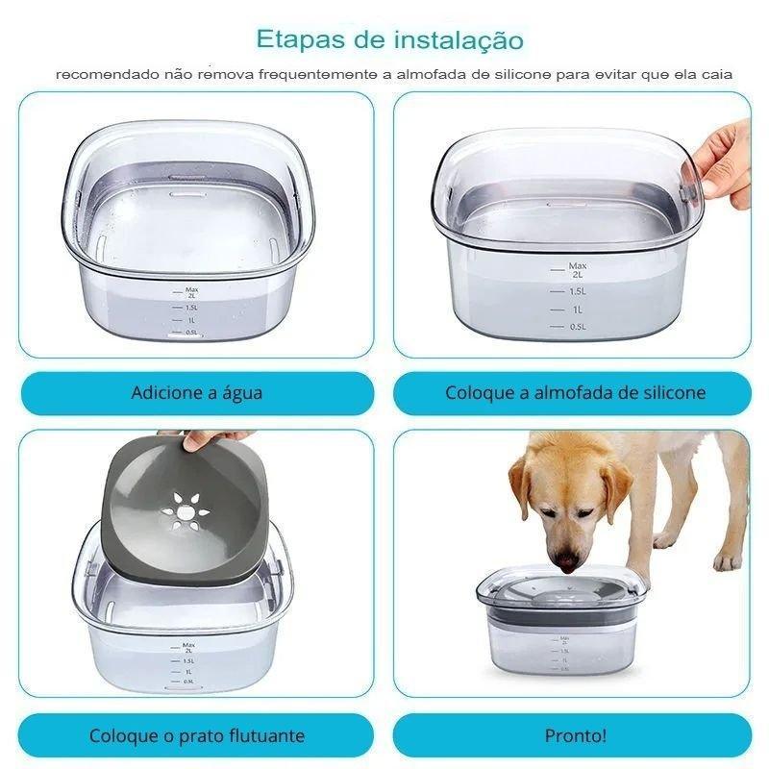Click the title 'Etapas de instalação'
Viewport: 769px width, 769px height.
click(x=390, y=39)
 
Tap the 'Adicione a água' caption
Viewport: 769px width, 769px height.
click(x=197, y=393)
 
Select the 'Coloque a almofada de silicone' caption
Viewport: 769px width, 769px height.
click(x=575, y=393)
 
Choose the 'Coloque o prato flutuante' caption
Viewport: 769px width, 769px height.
click(x=197, y=735)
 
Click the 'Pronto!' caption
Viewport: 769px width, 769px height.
click(x=575, y=735)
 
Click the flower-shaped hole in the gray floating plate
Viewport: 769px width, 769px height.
click(x=186, y=512)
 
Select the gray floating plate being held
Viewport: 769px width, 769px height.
click(x=186, y=510)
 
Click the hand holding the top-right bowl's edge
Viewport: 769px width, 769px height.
click(x=726, y=165)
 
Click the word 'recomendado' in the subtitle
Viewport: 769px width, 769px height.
click(x=108, y=75)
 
